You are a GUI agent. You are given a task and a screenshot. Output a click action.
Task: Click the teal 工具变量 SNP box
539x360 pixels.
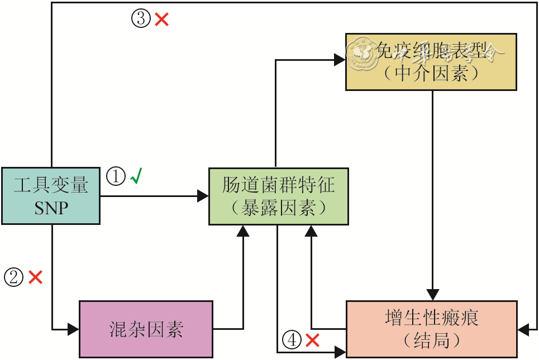[x=50, y=196]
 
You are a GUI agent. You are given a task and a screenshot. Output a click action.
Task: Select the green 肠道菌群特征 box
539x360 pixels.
[x=279, y=196]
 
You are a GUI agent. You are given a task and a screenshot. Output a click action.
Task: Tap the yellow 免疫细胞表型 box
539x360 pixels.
[x=431, y=61]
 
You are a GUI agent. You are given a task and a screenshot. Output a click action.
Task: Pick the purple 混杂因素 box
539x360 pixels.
[x=146, y=329]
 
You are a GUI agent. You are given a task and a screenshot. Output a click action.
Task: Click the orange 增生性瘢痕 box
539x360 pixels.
[x=431, y=329]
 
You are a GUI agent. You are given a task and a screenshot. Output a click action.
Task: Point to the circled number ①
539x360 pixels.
[x=116, y=177]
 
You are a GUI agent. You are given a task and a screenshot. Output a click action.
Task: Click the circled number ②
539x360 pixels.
[x=13, y=277]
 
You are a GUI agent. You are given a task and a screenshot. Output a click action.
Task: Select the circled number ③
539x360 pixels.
[x=141, y=19]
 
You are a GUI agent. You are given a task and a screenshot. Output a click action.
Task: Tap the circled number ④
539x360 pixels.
[x=292, y=339]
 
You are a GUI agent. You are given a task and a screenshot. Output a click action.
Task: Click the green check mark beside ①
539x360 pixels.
[x=136, y=177]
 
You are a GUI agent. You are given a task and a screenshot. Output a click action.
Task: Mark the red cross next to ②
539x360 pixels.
[x=35, y=277]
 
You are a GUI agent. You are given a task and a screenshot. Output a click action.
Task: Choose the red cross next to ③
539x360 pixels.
[x=162, y=20]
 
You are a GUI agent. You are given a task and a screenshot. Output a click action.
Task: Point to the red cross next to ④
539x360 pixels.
[x=312, y=339]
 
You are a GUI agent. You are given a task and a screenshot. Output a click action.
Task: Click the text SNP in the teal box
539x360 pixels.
[x=51, y=208]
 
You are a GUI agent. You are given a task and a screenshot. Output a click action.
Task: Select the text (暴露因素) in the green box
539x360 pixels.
[x=279, y=208]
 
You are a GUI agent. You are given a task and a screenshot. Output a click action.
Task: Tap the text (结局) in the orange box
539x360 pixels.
[x=431, y=340]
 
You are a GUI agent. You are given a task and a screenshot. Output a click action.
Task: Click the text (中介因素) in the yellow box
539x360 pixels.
[x=431, y=73]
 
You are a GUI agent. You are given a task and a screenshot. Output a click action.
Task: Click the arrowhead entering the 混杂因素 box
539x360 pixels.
[x=73, y=329]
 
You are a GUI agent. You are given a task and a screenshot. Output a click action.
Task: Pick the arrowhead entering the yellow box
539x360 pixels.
[x=340, y=60]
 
